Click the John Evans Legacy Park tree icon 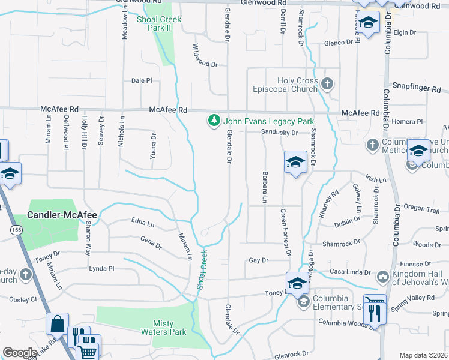pyautogui.click(x=214, y=121)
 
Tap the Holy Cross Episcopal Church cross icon pyautogui.click(x=327, y=83)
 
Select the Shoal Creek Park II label pyautogui.click(x=158, y=23)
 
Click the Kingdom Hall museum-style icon pyautogui.click(x=382, y=277)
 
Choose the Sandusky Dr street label pyautogui.click(x=279, y=133)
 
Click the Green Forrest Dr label pyautogui.click(x=285, y=232)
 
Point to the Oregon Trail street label pyautogui.click(x=422, y=207)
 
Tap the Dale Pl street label pyautogui.click(x=142, y=80)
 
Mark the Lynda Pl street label pyautogui.click(x=101, y=268)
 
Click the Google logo pyautogui.click(x=20, y=353)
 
